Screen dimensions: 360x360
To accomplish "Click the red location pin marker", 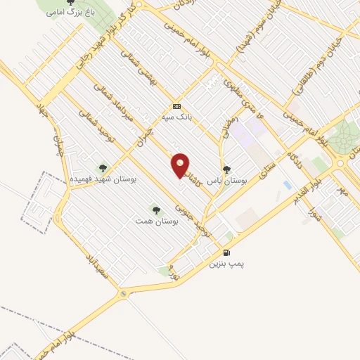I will tap(181, 166).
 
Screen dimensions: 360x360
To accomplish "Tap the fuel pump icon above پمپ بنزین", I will tap(226, 253).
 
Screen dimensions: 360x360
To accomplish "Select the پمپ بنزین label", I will tap(226, 265).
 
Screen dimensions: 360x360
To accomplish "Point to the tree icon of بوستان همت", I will tap(155, 209).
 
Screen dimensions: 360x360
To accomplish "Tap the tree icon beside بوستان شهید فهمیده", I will tap(103, 168).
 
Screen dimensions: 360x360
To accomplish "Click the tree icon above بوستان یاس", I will tap(226, 169).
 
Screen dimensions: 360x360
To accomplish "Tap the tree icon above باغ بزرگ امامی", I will tap(70, 2).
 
